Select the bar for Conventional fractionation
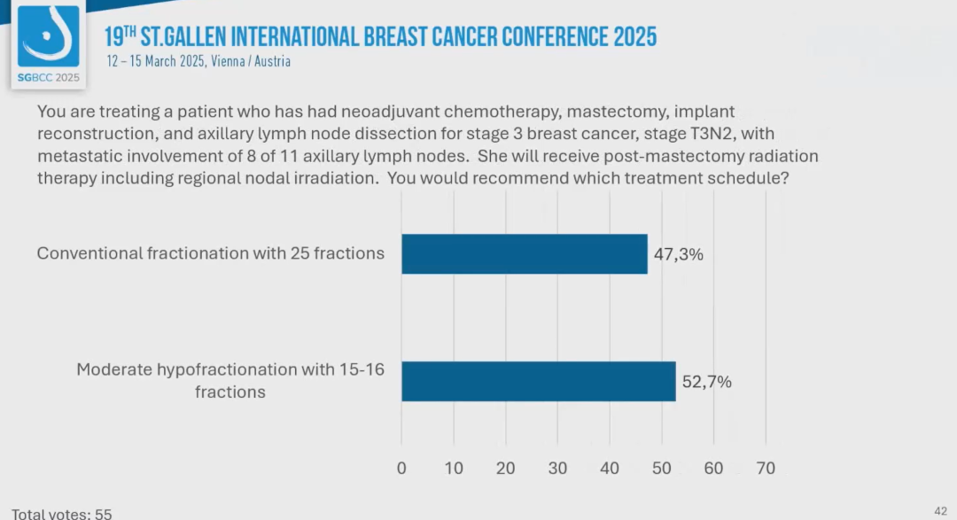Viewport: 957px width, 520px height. pyautogui.click(x=524, y=254)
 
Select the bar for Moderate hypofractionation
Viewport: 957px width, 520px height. pyautogui.click(x=538, y=382)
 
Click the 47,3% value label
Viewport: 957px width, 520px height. pyautogui.click(x=679, y=255)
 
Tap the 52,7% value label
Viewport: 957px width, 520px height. pyautogui.click(x=706, y=383)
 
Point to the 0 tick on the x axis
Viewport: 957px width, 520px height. pyautogui.click(x=401, y=468)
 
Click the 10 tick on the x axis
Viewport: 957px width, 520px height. pyautogui.click(x=454, y=468)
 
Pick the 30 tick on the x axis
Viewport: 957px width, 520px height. pyautogui.click(x=557, y=468)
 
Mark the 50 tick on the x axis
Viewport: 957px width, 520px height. pyautogui.click(x=662, y=468)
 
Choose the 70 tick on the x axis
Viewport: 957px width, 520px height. pyautogui.click(x=766, y=468)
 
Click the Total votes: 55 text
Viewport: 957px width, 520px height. pyautogui.click(x=62, y=513)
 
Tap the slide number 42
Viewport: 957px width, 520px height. pyautogui.click(x=941, y=510)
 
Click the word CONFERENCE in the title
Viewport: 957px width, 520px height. pyautogui.click(x=553, y=36)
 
